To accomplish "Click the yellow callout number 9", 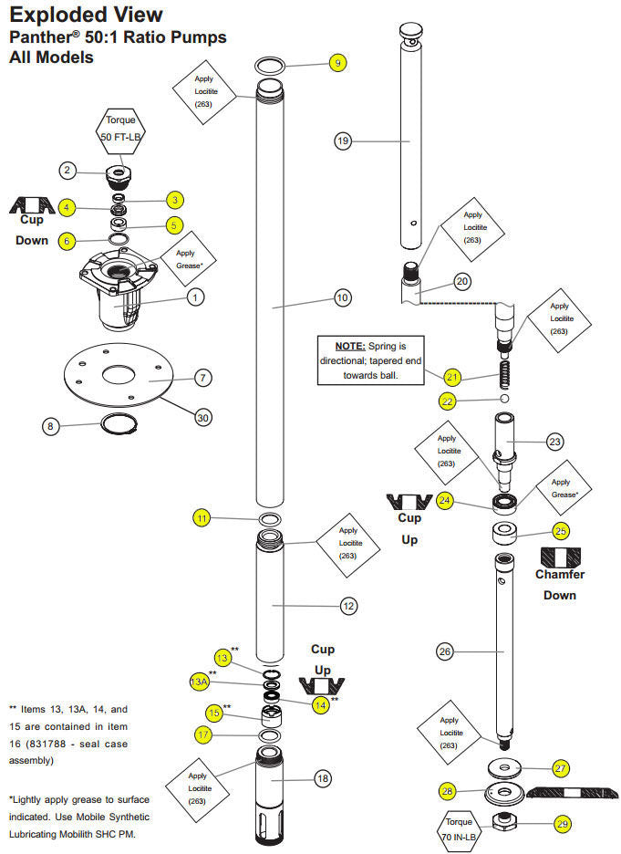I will (337, 63).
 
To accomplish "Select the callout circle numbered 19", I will (343, 141).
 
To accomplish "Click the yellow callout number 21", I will (453, 376).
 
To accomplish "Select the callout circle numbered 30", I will (203, 417).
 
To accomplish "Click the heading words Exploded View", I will (87, 16).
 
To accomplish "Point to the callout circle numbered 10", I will (343, 297).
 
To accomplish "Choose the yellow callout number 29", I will (563, 824).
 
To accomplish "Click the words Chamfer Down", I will (560, 584).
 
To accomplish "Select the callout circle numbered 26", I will (445, 651).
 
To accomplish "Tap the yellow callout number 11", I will (202, 518).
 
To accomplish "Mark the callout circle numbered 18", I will (322, 778).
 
